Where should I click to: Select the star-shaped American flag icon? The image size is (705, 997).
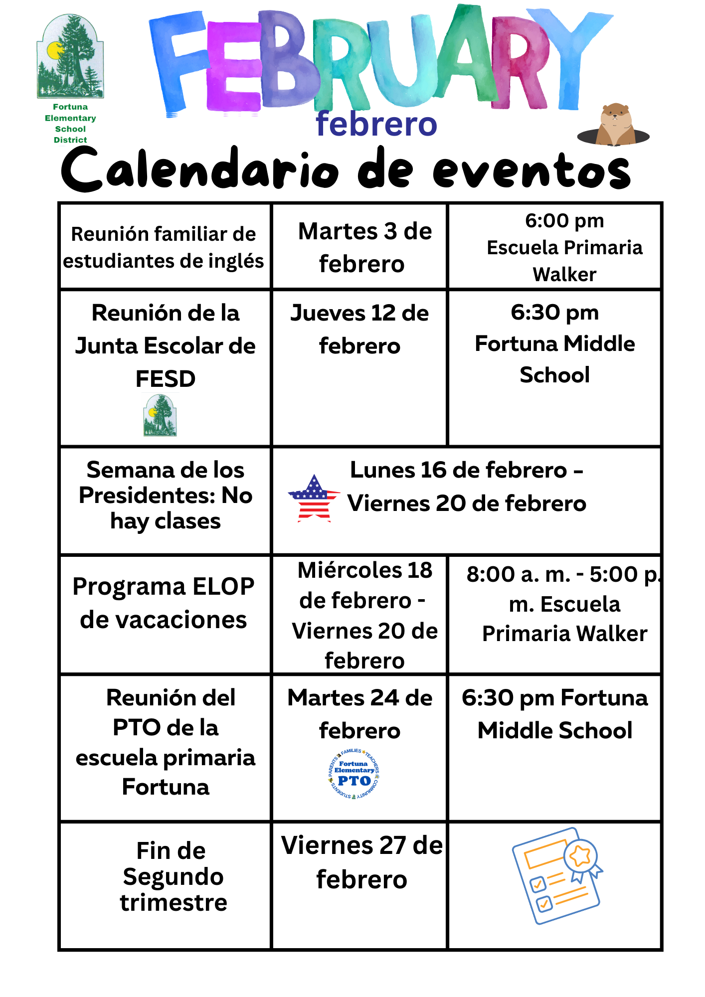coord(314,498)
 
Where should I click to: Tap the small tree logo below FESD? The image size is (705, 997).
coord(160,415)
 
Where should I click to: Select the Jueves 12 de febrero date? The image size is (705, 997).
coord(359,329)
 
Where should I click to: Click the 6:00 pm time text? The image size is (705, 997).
coord(564,220)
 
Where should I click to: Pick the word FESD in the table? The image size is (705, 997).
coord(166,379)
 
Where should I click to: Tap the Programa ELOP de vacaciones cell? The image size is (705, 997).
coord(164,603)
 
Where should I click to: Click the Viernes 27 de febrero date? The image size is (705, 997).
coord(362,862)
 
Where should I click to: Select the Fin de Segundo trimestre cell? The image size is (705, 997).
coord(172,876)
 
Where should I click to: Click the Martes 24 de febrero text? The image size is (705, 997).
coord(359,714)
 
